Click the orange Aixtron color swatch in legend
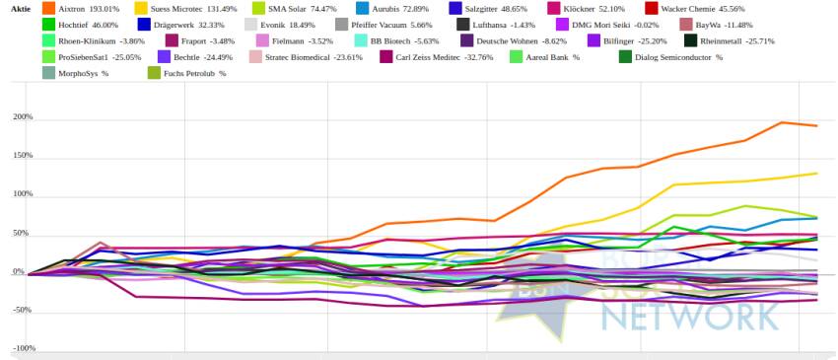click(48, 9)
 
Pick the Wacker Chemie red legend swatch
click(652, 9)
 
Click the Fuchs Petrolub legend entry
click(186, 73)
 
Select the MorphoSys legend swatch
click(48, 73)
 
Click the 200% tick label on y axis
click(24, 117)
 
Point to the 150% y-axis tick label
click(24, 156)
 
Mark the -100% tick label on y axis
click(24, 348)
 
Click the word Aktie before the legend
click(20, 9)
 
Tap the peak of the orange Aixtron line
click(782, 122)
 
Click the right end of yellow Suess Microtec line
click(817, 173)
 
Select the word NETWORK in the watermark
click(690, 318)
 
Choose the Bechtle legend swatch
click(164, 56)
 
